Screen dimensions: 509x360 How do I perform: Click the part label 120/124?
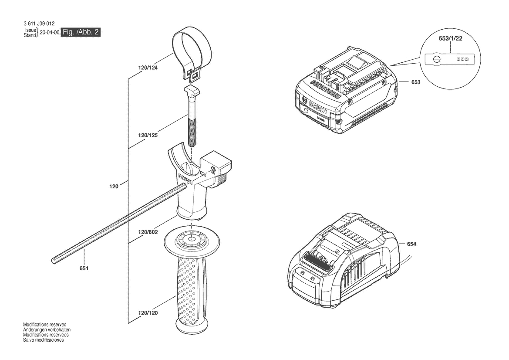click(148, 68)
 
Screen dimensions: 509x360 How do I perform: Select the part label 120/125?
click(148, 135)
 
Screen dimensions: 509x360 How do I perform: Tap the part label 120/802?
click(148, 232)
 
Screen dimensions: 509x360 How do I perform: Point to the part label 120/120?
click(148, 313)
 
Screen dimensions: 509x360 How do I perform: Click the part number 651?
click(84, 268)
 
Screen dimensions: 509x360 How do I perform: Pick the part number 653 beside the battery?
click(416, 82)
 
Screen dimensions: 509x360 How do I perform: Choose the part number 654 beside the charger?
click(411, 244)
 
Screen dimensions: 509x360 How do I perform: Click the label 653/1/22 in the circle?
click(450, 38)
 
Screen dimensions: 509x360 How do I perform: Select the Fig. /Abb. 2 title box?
click(81, 32)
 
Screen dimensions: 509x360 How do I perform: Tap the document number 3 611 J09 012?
click(39, 24)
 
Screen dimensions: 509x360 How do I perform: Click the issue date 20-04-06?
click(49, 33)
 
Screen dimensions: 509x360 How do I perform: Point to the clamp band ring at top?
click(191, 54)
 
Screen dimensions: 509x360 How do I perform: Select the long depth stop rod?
click(119, 223)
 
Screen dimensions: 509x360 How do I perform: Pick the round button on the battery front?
click(306, 111)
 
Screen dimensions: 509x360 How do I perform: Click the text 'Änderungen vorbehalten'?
click(47, 330)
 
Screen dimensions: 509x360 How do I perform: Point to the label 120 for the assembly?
click(114, 187)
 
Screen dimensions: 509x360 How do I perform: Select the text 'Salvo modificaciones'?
click(44, 340)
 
